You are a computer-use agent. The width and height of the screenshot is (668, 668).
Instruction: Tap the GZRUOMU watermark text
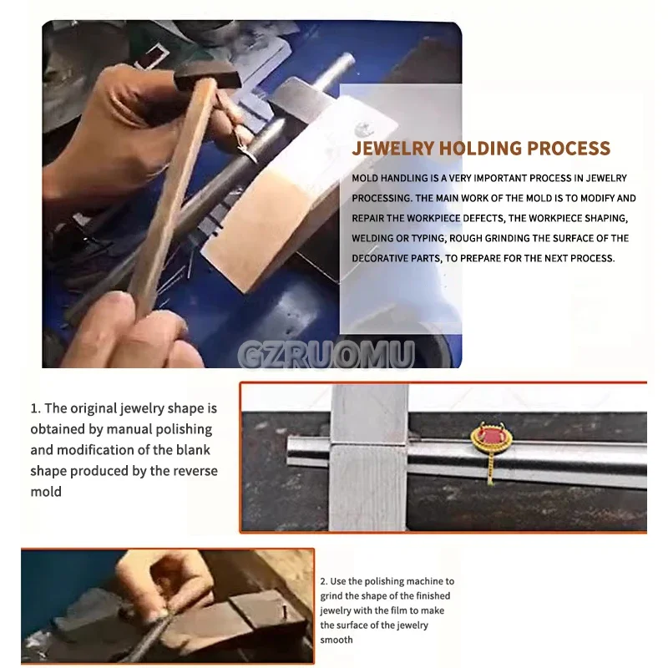coord(326,357)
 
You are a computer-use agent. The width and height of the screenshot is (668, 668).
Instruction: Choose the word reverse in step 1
coord(190,471)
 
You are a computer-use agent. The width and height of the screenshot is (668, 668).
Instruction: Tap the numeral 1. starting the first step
coord(35,408)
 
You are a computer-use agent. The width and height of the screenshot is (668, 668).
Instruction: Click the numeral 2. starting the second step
coord(324,581)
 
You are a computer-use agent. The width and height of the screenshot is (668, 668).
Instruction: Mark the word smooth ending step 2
coord(337,640)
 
